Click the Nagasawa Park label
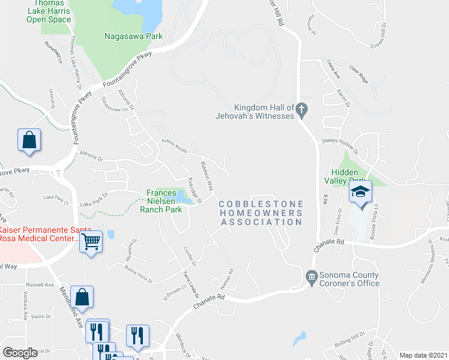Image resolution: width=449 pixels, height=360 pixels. [133, 36]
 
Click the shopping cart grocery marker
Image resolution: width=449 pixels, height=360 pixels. [91, 241]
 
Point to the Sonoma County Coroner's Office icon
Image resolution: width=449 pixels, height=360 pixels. [312, 276]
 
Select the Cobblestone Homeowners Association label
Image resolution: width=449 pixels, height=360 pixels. [261, 213]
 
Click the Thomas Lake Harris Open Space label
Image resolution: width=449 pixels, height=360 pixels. [48, 11]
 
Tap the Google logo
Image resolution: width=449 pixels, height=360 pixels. [20, 353]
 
